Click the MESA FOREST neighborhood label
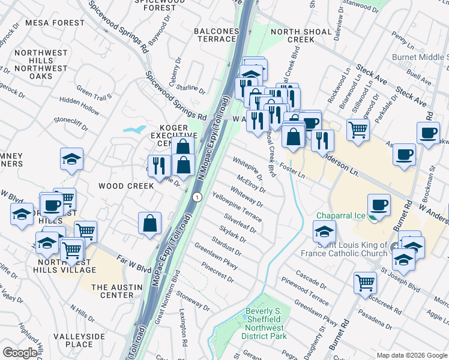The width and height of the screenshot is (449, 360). (x=55, y=23)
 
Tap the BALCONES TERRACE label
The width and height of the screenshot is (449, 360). (x=215, y=35)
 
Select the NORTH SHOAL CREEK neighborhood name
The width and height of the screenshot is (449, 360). (x=292, y=35)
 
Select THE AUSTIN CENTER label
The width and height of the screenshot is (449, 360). (x=112, y=291)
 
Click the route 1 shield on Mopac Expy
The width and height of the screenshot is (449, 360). (x=196, y=197)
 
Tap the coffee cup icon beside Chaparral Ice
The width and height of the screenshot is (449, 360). (x=379, y=204)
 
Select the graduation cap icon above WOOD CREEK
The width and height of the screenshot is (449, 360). (x=71, y=159)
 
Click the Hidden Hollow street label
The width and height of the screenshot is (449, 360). (x=80, y=107)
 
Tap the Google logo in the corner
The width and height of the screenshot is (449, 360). (x=20, y=353)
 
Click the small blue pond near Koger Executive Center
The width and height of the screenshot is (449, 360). (x=134, y=129)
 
